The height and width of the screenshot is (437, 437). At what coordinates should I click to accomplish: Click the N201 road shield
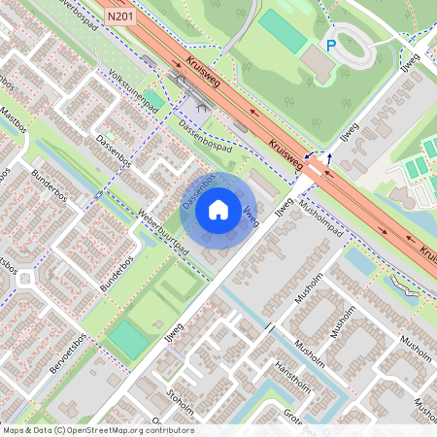pos(119,17)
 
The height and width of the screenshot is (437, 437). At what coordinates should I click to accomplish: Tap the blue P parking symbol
pos(330,45)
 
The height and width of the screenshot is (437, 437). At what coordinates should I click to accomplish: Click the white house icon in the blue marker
pos(218,209)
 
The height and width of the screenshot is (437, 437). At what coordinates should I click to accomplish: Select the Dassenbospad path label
pos(206,136)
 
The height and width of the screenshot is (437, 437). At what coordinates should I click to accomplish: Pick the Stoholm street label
pos(181,399)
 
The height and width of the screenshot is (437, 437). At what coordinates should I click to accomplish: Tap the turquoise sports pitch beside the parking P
pos(282,32)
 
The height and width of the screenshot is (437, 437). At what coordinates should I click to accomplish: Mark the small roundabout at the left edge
pos(22,282)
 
